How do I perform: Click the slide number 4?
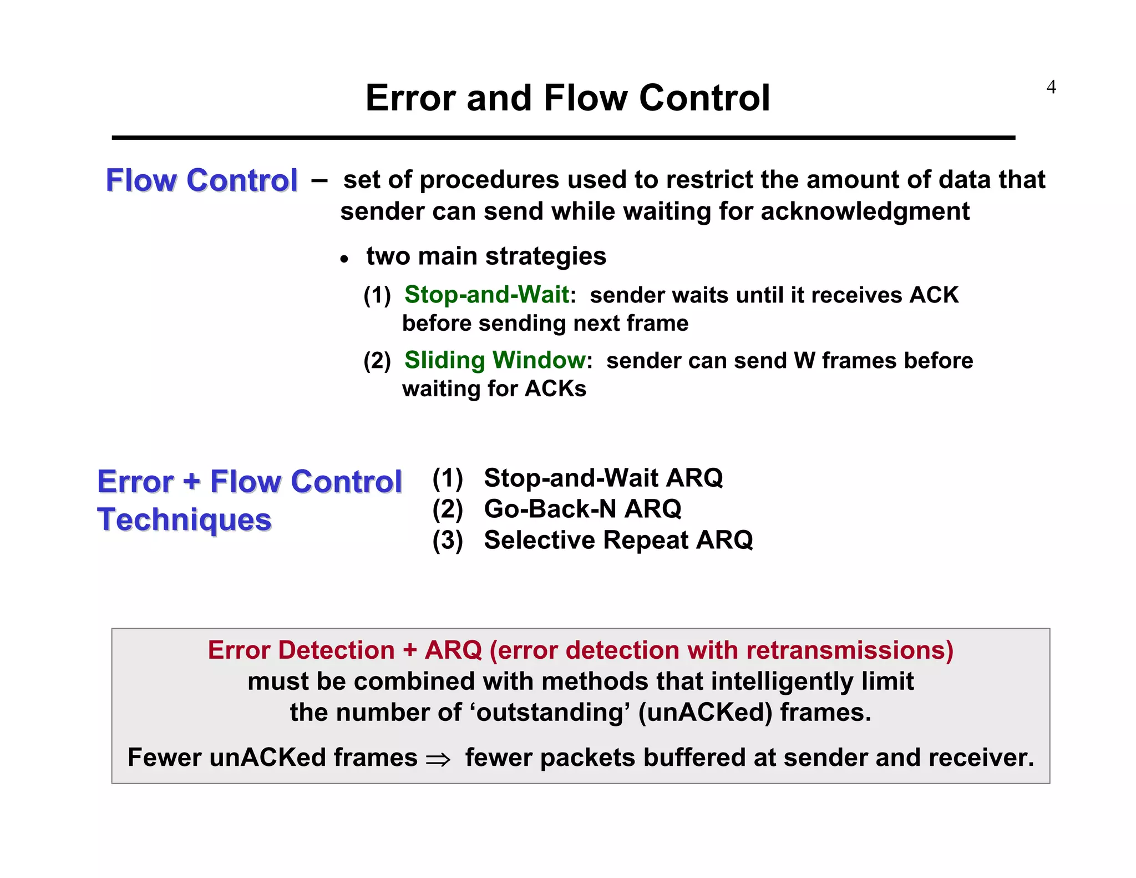coord(1051,87)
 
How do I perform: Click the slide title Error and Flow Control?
coord(567,98)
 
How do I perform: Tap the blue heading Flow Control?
coord(201,180)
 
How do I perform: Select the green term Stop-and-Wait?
coord(486,295)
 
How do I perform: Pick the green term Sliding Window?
coord(494,360)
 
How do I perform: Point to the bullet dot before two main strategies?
coord(344,259)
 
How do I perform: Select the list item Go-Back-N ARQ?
coord(582,509)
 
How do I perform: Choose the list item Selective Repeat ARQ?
coord(618,540)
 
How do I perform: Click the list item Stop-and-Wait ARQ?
coord(603,478)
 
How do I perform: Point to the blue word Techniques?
coord(184,520)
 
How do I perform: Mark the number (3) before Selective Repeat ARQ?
coord(448,540)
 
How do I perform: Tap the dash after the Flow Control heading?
coord(319,180)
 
